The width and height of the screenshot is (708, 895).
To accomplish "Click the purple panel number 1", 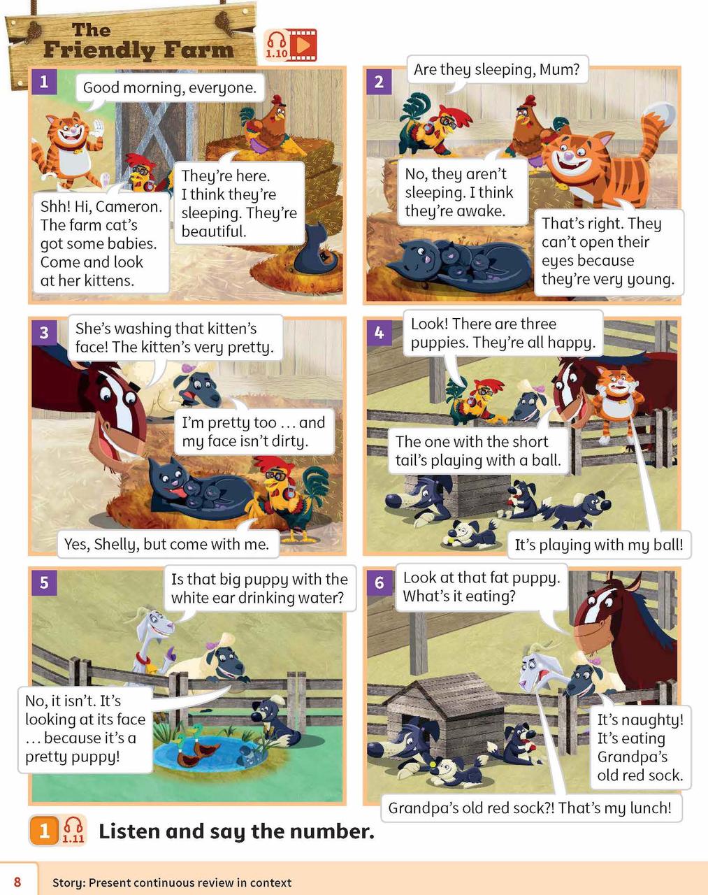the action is pos(44,82).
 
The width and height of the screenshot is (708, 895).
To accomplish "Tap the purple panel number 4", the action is pos(379,333).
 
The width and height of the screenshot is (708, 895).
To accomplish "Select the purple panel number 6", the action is pos(379,582).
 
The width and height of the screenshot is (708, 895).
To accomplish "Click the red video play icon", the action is pos(303,45).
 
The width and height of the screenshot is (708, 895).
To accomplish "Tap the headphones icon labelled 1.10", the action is pos(277,45).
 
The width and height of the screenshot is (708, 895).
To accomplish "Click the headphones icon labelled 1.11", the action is pos(73,831).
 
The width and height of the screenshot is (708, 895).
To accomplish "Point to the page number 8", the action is pos(17,882).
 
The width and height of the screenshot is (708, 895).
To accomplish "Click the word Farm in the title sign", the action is pos(198,50).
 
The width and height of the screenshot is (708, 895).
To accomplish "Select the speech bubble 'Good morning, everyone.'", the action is pos(170,88).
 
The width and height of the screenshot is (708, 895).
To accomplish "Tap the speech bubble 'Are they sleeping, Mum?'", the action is pos(496,69).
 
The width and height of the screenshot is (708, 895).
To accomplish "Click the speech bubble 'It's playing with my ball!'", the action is pos(599,545).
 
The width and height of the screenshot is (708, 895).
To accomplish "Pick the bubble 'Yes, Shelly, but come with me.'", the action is pos(167,543).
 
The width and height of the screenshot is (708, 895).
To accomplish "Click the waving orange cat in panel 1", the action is pos(68,150).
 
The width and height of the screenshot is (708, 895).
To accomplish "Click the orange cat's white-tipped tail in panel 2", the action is pos(659,113).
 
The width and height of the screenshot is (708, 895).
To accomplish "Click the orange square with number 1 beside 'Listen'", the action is pos(44,831).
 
